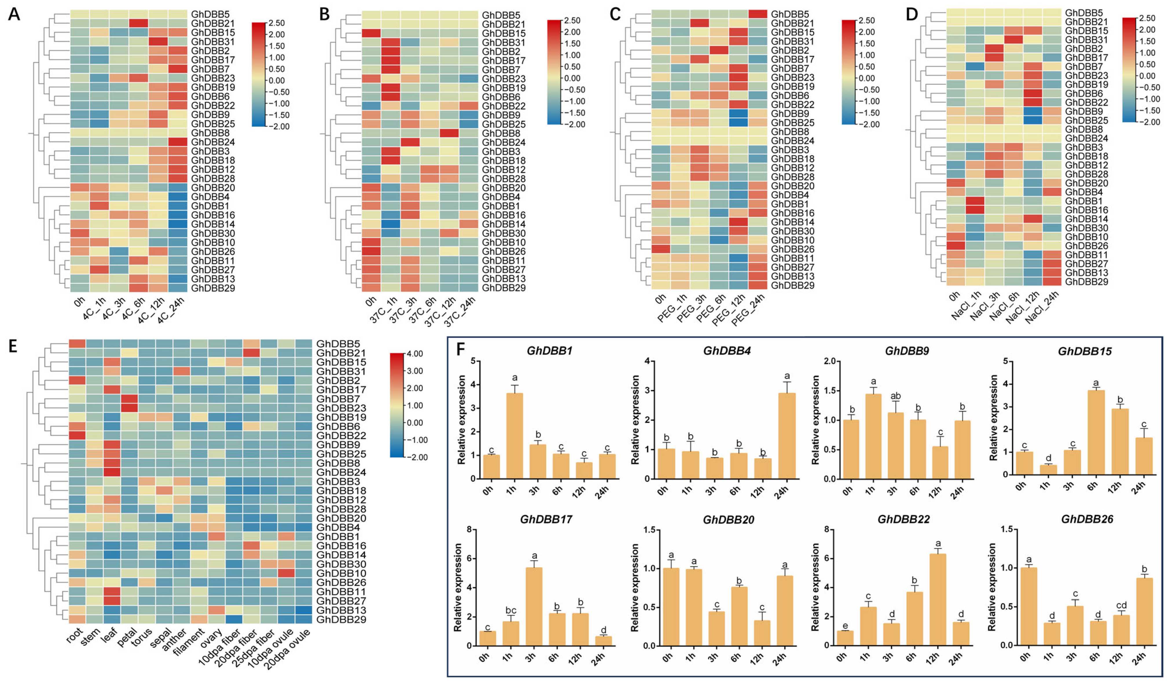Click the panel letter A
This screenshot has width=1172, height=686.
tap(14, 14)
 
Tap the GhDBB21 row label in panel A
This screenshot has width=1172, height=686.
tap(213, 23)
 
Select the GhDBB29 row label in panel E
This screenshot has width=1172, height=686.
tap(341, 619)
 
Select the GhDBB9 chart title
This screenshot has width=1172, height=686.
tap(906, 351)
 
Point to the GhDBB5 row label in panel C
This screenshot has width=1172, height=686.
tap(790, 14)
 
